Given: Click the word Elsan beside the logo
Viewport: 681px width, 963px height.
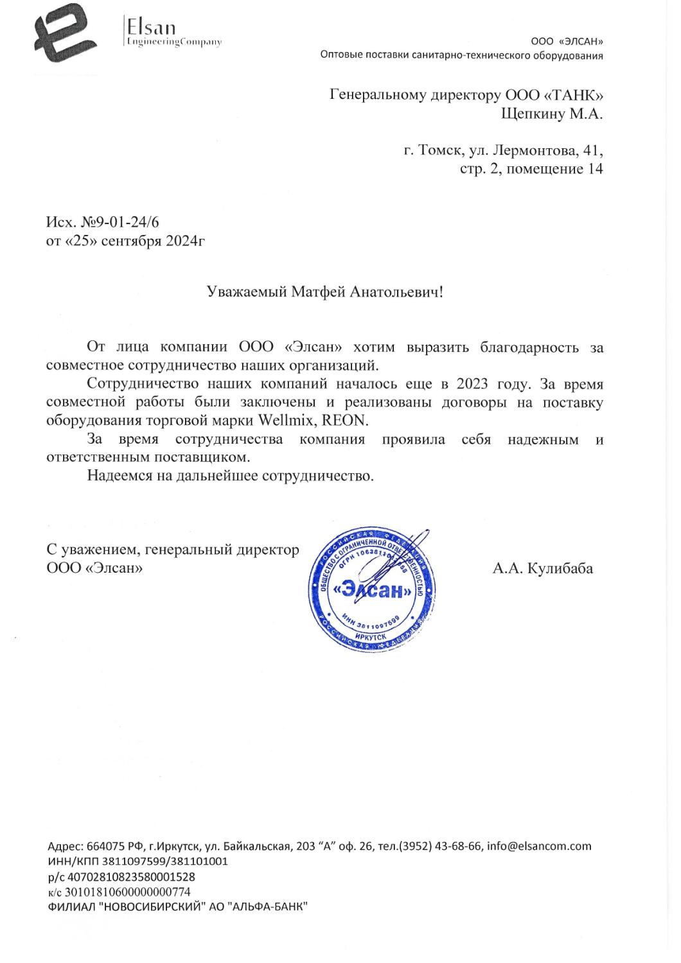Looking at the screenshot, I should (x=151, y=27).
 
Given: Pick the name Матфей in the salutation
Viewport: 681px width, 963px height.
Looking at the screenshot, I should (x=315, y=292).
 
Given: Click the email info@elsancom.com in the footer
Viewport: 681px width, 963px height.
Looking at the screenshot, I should (x=539, y=846).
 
